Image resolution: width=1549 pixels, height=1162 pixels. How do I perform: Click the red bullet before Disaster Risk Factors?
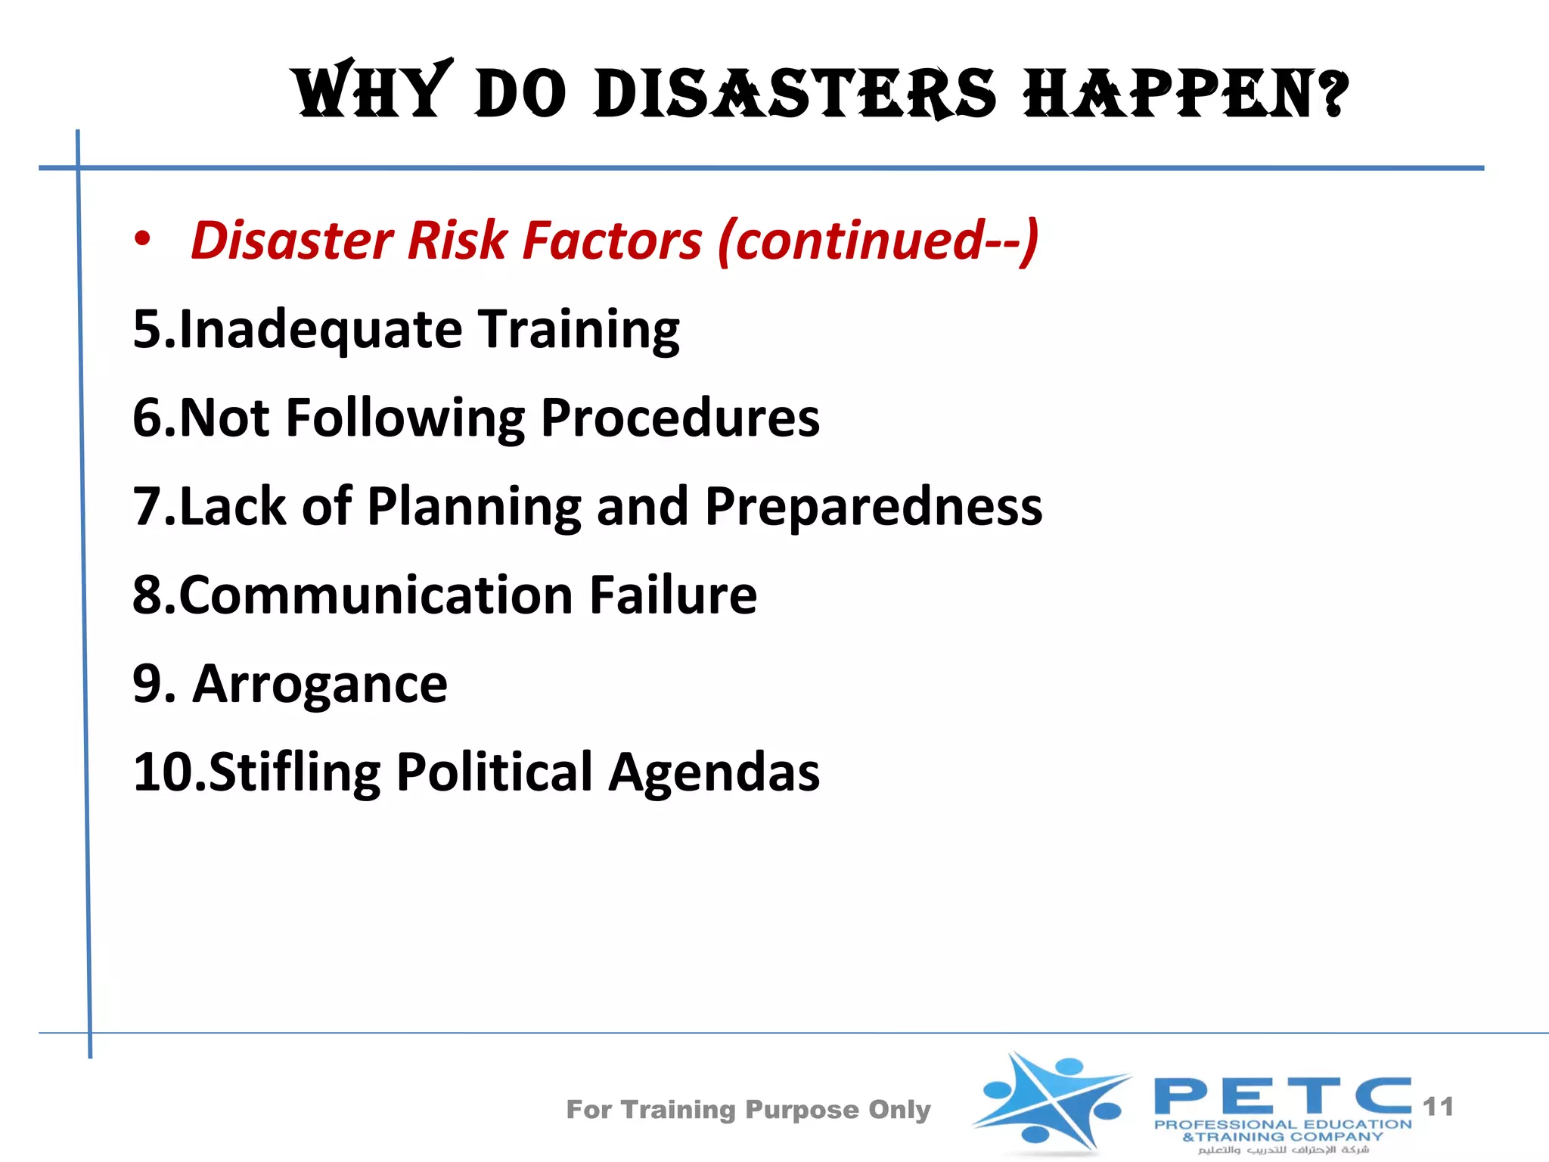(142, 239)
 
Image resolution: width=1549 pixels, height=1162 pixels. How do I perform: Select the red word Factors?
(613, 241)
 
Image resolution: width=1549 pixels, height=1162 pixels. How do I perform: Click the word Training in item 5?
(579, 330)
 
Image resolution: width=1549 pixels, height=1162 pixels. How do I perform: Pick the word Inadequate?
(321, 330)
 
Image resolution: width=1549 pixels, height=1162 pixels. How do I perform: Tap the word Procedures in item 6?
(680, 418)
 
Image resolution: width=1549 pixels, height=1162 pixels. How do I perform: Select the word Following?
(405, 419)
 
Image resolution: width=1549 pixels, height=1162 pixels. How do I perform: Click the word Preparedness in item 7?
(874, 507)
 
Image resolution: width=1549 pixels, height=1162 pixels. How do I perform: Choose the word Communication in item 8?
(376, 595)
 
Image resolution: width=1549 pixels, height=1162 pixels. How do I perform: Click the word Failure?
(673, 595)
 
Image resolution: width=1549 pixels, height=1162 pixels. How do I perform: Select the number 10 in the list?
(160, 772)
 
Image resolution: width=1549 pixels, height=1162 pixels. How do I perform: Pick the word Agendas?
(714, 772)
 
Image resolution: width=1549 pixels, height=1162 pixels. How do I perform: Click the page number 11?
(1438, 1107)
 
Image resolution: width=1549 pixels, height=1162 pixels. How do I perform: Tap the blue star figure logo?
(1052, 1101)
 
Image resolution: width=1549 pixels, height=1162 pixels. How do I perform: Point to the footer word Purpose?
(802, 1110)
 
